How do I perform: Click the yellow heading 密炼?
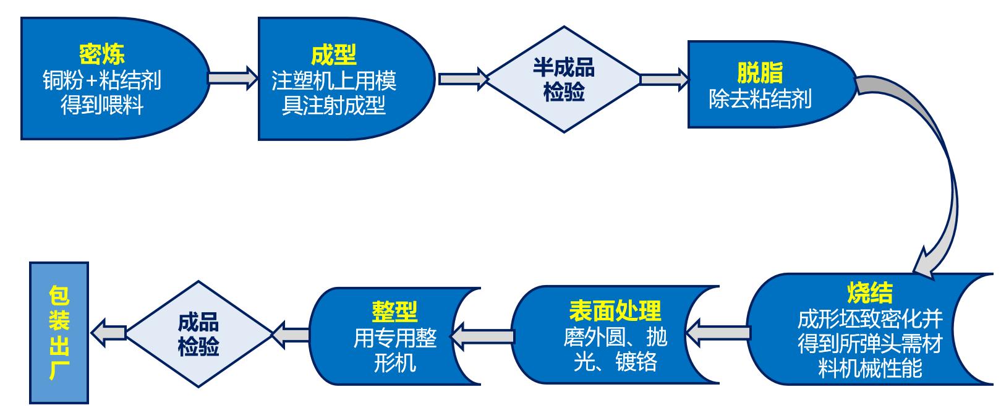pos(102,54)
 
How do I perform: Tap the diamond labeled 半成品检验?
pos(563,80)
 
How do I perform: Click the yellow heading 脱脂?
pos(760,73)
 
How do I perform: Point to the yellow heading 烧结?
pos(869,292)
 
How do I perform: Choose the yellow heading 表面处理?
pos(615,310)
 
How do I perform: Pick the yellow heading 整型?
pos(394,311)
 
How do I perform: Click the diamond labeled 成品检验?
pos(198,334)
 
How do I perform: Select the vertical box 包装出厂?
pos(59,333)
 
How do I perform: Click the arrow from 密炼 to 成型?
pos(232,79)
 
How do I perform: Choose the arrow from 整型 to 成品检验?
pos(291,335)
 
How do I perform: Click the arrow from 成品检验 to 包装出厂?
pos(109,333)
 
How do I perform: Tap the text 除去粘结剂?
pos(760,99)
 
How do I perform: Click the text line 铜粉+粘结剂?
pos(102,80)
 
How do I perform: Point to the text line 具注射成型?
pos(333,106)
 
